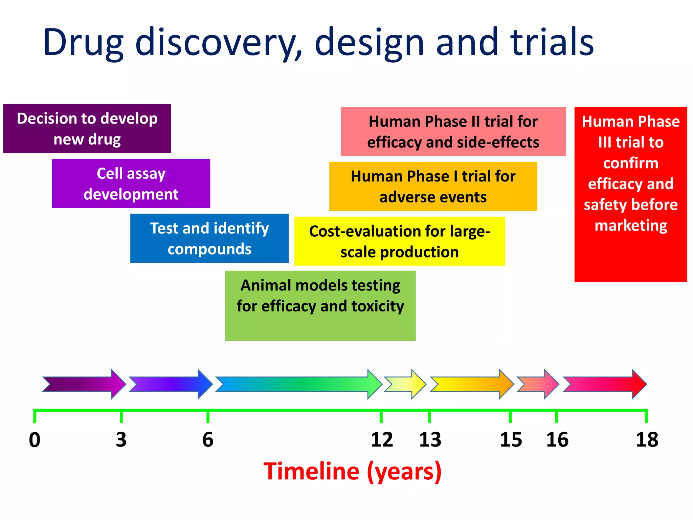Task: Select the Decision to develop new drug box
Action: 87,129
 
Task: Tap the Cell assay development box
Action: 131,183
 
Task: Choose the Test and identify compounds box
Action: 209,238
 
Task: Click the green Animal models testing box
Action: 320,305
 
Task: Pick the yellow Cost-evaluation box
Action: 399,241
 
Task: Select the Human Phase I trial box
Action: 433,187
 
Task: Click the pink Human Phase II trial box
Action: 453,132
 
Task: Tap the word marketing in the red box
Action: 631,225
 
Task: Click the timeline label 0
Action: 35,440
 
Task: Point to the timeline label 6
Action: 208,440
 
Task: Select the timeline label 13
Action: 430,440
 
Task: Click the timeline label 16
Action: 557,440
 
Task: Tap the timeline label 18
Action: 647,440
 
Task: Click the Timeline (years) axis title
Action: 352,471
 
